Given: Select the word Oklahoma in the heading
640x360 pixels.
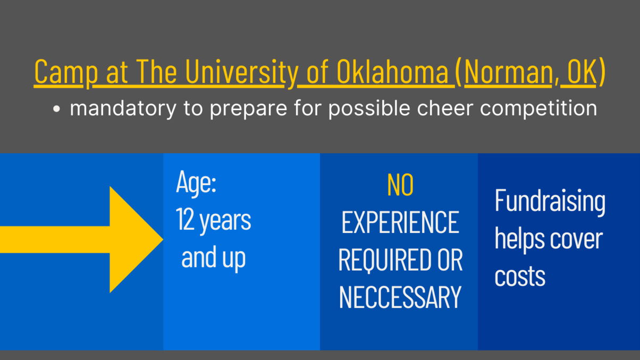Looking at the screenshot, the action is [x=392, y=71].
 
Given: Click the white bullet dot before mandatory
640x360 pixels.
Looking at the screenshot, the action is [x=56, y=109].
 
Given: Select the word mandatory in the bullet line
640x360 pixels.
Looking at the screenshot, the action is [x=123, y=108].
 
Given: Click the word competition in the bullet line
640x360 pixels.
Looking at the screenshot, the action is [x=538, y=108].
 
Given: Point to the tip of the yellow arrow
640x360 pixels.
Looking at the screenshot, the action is [x=163, y=239].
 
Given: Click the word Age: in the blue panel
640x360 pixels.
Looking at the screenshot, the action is [x=196, y=183].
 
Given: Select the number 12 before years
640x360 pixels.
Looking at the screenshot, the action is [x=185, y=220].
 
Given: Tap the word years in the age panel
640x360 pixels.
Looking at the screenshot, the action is [x=225, y=221].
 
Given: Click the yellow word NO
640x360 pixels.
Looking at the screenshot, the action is [x=400, y=185].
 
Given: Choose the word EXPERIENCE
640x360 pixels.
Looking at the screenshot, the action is [x=400, y=222].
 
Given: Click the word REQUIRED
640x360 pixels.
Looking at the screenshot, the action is [x=384, y=260].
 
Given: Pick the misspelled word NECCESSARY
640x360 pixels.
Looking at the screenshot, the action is [x=400, y=297].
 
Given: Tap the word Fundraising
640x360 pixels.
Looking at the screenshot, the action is [x=550, y=202].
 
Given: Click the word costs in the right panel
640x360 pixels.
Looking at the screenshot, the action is [x=520, y=277].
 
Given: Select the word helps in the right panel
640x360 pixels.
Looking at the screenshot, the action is [x=519, y=239].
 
